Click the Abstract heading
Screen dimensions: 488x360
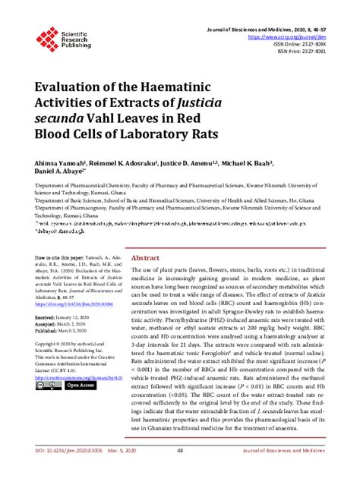coord(145,257)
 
